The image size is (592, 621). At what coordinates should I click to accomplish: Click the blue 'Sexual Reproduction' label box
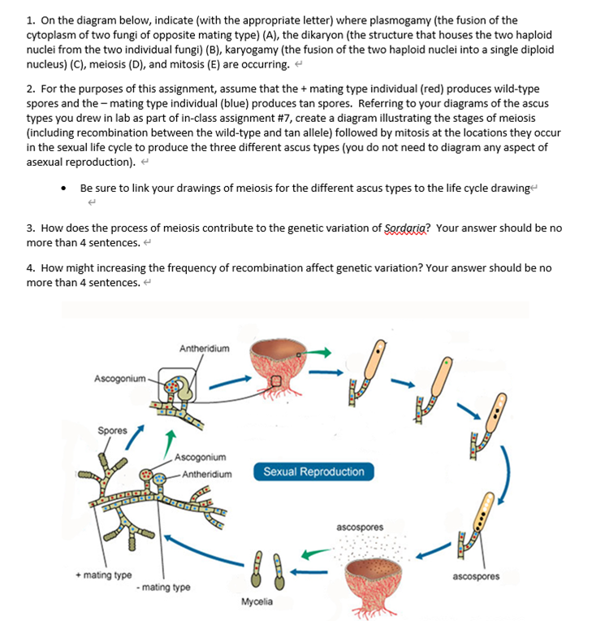pos(314,471)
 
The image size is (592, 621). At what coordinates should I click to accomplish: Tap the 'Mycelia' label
pos(257,602)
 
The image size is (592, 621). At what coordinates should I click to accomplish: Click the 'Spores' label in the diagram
pos(111,430)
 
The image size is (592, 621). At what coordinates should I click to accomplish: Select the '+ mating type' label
pos(103,575)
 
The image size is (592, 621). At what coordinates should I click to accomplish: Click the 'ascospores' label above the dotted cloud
pos(360,528)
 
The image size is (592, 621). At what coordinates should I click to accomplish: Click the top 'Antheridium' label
pos(204,349)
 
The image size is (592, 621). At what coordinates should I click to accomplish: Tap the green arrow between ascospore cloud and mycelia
pos(316,556)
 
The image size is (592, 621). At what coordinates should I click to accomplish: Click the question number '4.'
pos(30,268)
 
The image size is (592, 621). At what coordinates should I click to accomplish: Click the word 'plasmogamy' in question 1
pos(395,20)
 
